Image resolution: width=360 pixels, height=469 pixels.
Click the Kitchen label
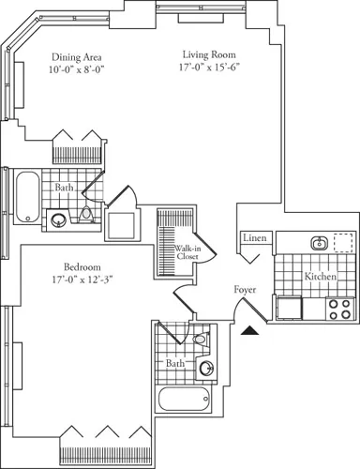321,277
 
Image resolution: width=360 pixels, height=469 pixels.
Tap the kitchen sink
319,243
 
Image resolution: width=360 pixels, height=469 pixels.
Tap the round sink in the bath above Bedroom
59,221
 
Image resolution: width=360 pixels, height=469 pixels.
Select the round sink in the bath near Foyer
207,368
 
